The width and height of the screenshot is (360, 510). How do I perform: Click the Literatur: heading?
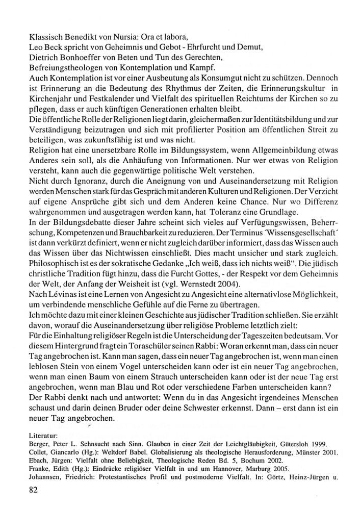pos(46,437)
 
